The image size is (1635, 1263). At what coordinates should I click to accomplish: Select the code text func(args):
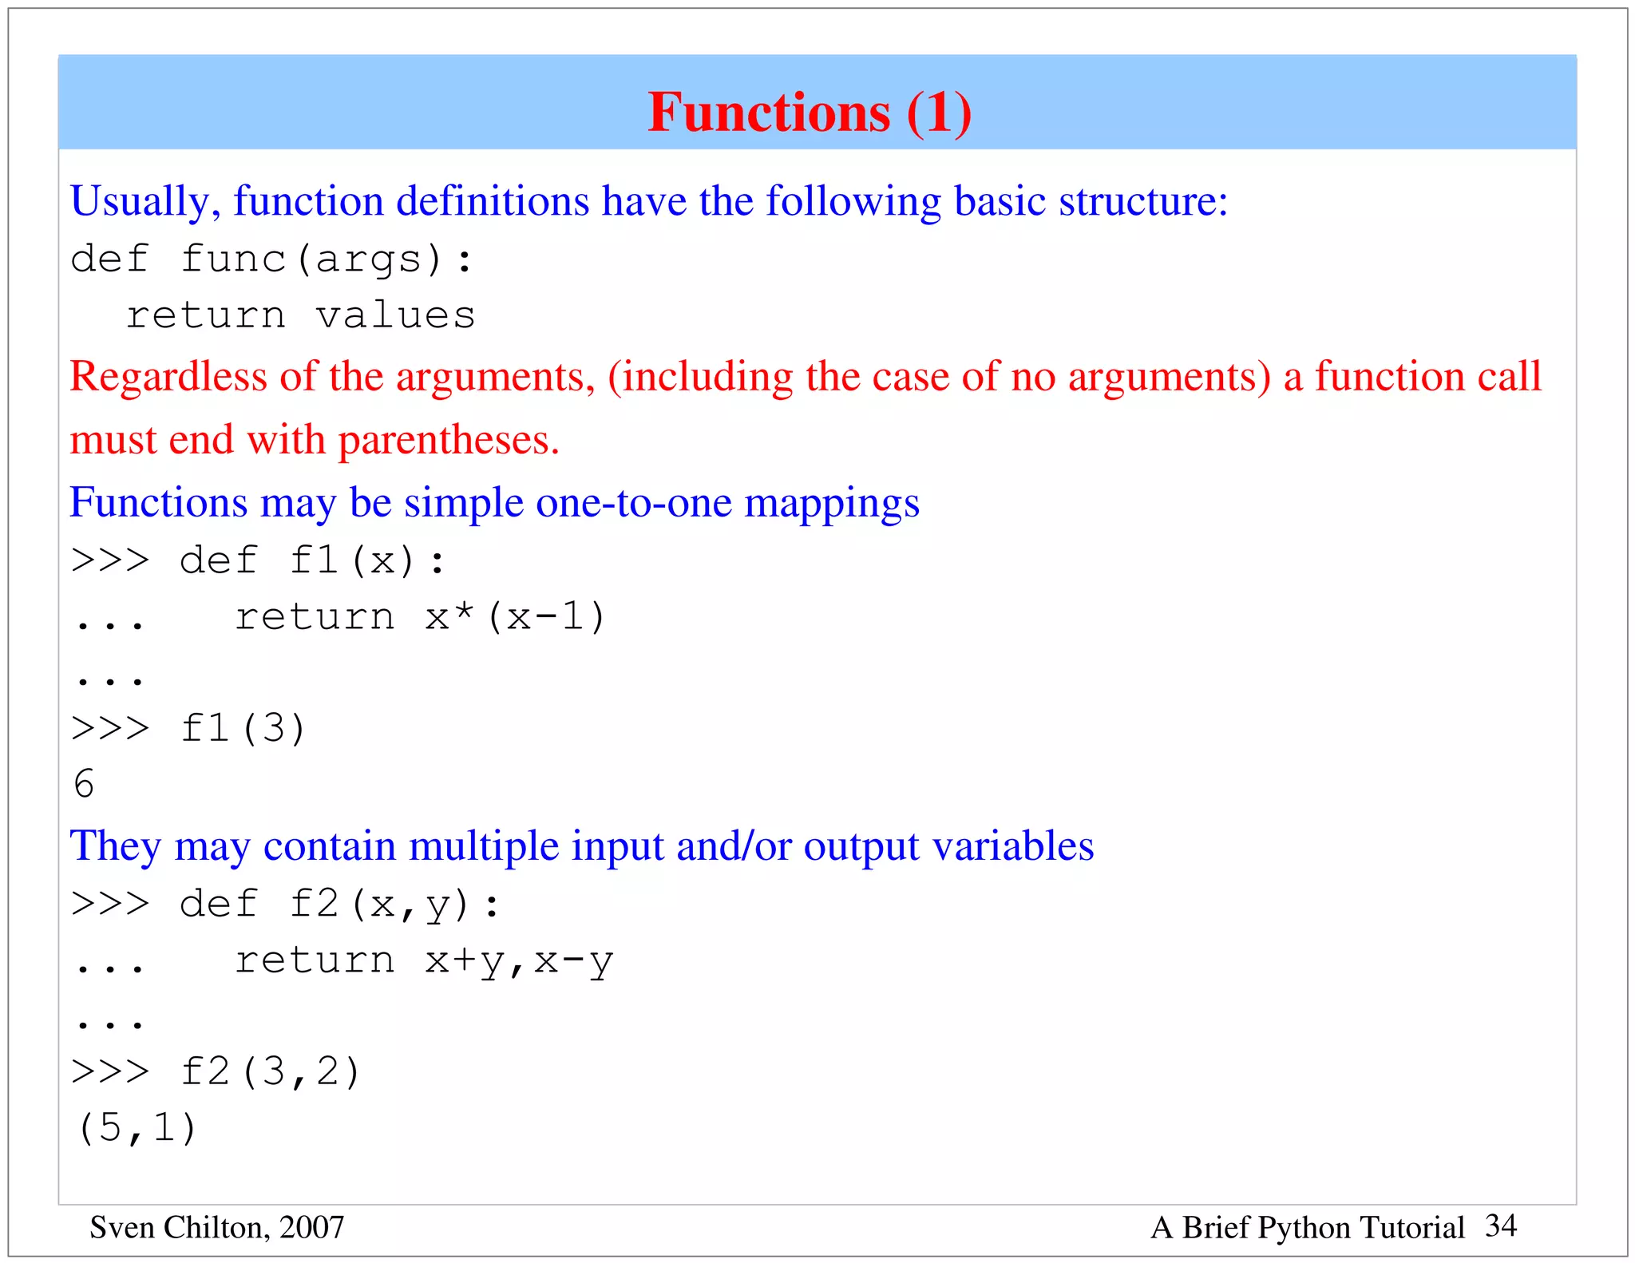(327, 259)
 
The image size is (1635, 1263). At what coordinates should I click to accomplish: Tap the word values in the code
(396, 315)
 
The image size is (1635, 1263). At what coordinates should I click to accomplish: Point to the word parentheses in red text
(449, 440)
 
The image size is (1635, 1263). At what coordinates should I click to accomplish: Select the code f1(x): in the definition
(367, 560)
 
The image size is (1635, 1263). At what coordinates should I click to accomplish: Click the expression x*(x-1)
(515, 617)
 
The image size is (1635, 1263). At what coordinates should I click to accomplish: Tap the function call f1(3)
(243, 728)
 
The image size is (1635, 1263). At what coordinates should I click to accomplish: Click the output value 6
(84, 784)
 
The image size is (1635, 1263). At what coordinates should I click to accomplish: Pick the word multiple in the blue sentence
(483, 846)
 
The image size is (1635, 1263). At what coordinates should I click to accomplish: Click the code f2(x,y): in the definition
(394, 905)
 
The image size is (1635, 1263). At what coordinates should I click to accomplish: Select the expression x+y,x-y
(519, 961)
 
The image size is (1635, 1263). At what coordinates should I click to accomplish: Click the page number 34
(1501, 1225)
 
